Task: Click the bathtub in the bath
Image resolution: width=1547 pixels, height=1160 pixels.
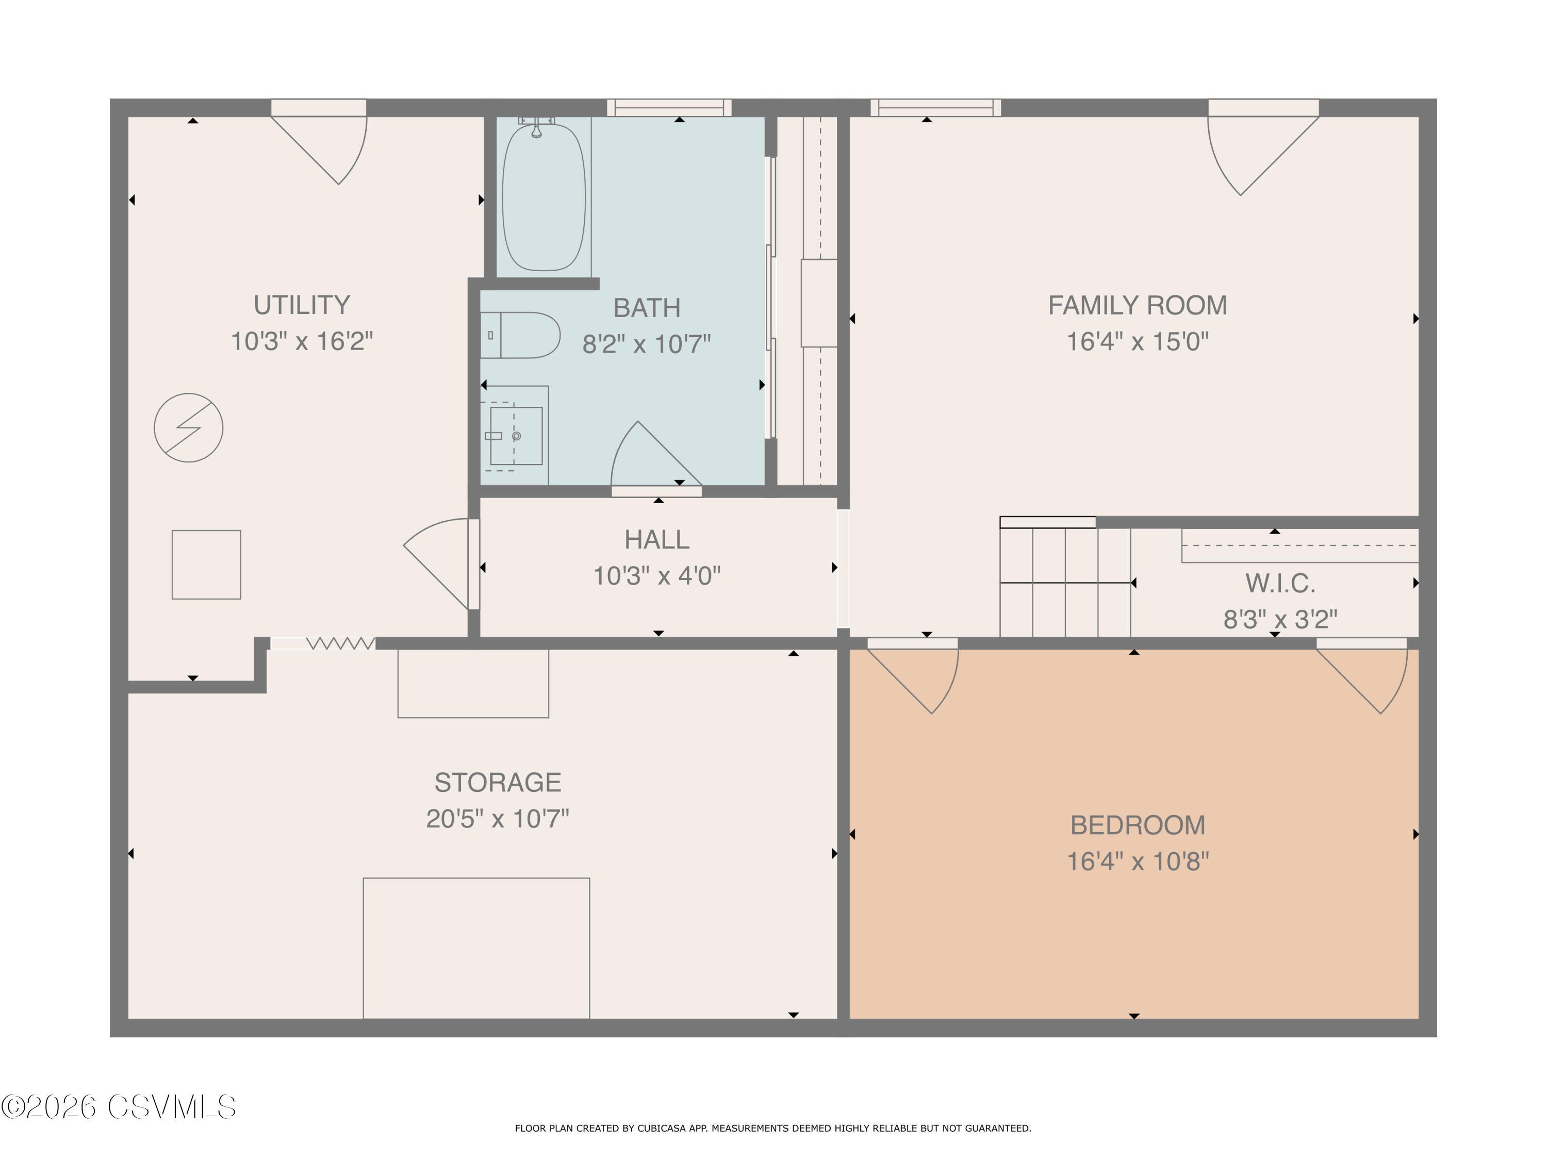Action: (544, 197)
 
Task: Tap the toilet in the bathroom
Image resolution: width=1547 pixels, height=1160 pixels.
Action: (521, 335)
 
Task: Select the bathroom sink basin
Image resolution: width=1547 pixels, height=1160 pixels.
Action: (516, 436)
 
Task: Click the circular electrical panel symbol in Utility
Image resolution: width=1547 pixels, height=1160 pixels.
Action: (188, 427)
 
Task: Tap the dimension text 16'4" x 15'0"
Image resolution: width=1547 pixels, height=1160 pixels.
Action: (1137, 341)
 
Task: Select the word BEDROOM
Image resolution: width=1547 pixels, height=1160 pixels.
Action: (1137, 825)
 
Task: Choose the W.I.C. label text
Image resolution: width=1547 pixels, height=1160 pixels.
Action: (1279, 583)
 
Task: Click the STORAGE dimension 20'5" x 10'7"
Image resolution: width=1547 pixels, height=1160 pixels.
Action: (497, 818)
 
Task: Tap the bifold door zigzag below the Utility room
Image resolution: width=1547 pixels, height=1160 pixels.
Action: (340, 642)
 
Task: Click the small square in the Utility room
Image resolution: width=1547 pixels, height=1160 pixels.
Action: (206, 564)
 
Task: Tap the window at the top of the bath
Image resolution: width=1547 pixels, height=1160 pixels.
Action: (669, 107)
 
